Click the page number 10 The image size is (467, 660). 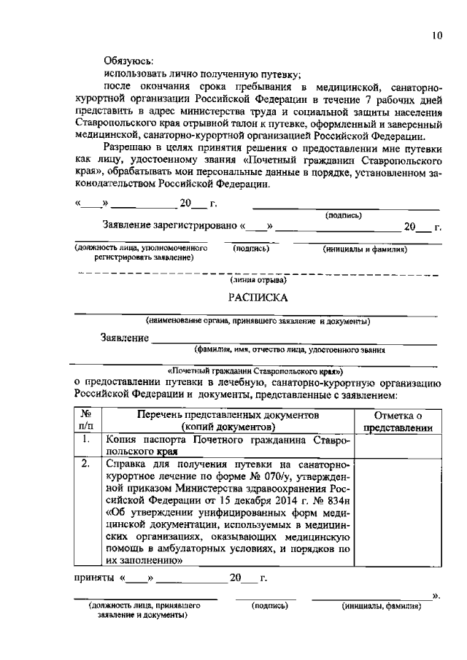(x=436, y=35)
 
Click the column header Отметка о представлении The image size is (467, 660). (x=398, y=422)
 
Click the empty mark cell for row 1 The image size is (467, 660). (x=398, y=445)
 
